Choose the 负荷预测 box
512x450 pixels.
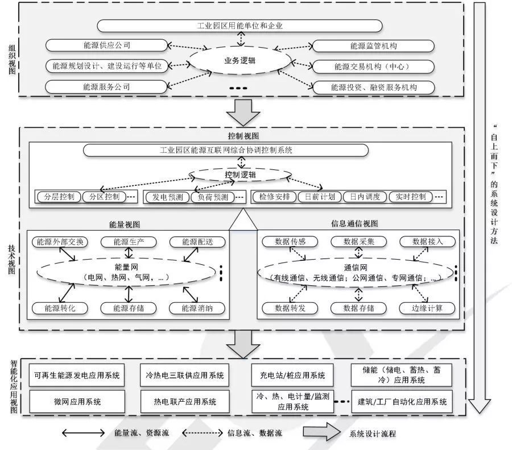(213, 197)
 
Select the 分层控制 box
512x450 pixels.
(59, 197)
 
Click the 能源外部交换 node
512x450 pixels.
(60, 241)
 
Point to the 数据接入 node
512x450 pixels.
(427, 241)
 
